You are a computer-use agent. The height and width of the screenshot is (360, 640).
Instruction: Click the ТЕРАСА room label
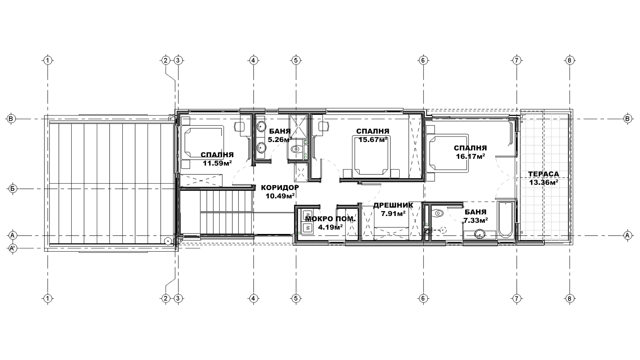(x=544, y=174)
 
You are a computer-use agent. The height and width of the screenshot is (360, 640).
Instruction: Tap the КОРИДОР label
(x=280, y=188)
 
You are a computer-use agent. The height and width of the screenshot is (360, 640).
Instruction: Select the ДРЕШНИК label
(x=393, y=205)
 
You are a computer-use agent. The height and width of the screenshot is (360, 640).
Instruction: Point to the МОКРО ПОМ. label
(x=330, y=219)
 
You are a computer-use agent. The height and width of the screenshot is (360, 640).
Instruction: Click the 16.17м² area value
(x=470, y=156)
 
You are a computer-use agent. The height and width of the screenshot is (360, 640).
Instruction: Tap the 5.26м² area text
(x=280, y=140)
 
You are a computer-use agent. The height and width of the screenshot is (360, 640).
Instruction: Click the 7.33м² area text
(x=476, y=220)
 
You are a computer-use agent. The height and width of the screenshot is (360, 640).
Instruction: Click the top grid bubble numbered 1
(x=48, y=60)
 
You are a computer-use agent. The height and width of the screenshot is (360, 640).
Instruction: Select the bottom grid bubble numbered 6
(x=423, y=299)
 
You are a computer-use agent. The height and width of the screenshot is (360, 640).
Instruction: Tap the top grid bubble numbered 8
(x=570, y=60)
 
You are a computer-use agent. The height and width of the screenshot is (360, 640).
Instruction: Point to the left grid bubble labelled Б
(x=12, y=189)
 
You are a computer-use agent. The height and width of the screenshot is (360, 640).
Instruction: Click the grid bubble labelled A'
(x=12, y=248)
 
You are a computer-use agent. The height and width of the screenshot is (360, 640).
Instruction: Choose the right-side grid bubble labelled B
(x=628, y=119)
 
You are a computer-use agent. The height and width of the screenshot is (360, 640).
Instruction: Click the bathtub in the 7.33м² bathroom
(x=506, y=220)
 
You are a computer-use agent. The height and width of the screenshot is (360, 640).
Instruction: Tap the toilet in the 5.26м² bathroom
(x=295, y=149)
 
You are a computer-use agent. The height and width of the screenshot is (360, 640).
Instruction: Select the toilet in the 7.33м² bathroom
(x=437, y=213)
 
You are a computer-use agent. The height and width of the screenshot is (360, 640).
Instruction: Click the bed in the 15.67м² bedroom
(x=371, y=156)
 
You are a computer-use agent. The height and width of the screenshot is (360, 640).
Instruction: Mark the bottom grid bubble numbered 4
(x=253, y=299)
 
